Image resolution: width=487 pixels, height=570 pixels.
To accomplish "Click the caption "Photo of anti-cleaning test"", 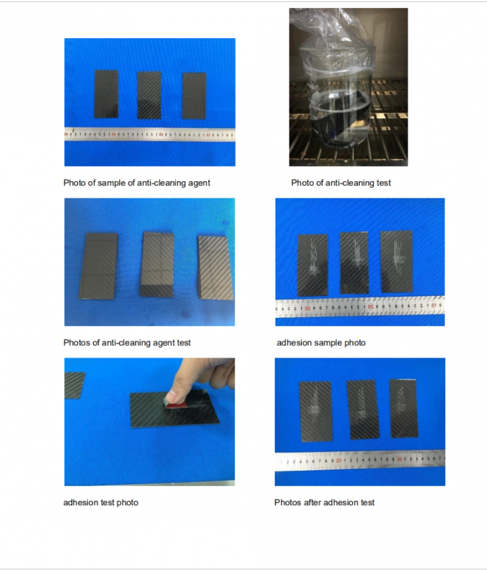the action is [341, 183].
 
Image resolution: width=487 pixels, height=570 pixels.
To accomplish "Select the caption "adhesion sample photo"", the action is [321, 343].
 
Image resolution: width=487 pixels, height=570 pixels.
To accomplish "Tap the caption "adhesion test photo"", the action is [100, 503].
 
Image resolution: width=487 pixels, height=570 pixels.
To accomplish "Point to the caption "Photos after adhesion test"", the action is [324, 503].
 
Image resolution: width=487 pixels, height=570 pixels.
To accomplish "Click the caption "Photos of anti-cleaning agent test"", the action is [127, 343].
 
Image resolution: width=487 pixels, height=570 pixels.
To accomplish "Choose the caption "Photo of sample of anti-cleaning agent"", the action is [137, 183].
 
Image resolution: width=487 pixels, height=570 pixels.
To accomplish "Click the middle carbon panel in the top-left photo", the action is [149, 96].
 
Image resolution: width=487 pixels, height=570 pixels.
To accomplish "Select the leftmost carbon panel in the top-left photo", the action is [106, 94].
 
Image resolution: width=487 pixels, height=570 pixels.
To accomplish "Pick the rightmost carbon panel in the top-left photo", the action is [194, 96].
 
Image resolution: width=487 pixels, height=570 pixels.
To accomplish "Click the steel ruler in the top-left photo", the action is [150, 134].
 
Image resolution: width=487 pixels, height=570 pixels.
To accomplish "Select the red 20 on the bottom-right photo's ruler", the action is [338, 461].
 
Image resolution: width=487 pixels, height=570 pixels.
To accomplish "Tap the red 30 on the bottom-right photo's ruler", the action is [399, 460].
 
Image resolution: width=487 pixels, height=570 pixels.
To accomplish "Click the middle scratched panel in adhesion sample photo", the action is [354, 263].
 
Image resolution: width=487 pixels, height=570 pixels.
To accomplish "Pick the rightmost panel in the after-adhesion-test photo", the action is [404, 408].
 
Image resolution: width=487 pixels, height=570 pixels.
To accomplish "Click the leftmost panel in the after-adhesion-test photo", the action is [316, 412].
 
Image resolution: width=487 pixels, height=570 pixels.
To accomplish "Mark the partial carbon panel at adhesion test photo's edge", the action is [74, 385].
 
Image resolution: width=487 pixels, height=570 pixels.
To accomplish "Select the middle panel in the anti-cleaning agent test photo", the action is [157, 264].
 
